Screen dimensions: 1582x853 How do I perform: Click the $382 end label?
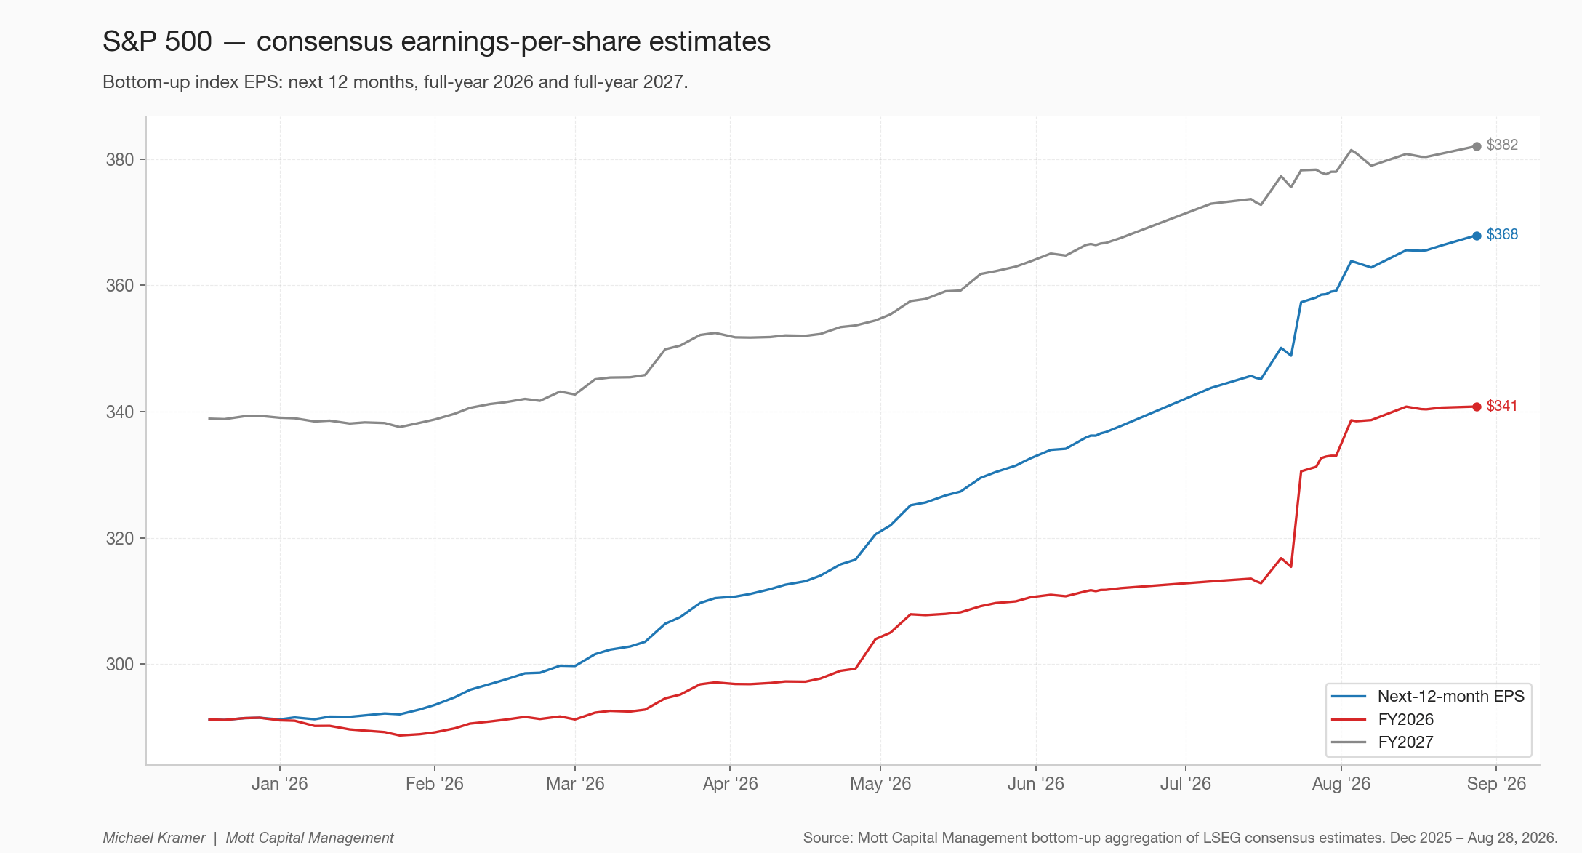pos(1502,145)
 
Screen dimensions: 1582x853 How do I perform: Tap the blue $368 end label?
pos(1502,234)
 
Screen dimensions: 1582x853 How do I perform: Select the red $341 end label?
pos(1502,406)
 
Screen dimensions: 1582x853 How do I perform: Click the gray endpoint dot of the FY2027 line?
pos(1477,147)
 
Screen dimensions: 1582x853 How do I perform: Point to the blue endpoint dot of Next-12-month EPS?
pos(1477,236)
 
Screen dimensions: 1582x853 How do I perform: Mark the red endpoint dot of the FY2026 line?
pos(1477,407)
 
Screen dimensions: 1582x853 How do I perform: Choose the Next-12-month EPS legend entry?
pos(1428,697)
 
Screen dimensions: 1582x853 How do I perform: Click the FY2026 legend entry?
pos(1373,719)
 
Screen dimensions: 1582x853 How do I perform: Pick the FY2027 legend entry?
pos(1373,742)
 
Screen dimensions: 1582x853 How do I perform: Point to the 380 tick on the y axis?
pos(120,160)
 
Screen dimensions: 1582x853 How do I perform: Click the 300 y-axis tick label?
pos(120,665)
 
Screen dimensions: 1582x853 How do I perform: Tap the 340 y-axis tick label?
pos(120,412)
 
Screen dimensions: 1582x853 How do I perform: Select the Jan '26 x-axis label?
pos(280,784)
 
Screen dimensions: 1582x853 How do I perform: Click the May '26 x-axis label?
pos(880,784)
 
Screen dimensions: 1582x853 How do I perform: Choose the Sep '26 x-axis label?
pos(1496,784)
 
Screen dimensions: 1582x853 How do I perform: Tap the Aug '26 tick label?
pos(1341,784)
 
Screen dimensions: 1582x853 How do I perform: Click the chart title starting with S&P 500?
pos(436,41)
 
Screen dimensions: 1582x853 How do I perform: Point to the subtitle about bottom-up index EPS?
pos(395,81)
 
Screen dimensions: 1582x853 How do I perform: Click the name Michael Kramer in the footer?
pos(154,838)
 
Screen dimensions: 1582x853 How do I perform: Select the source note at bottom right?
pos(1180,838)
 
